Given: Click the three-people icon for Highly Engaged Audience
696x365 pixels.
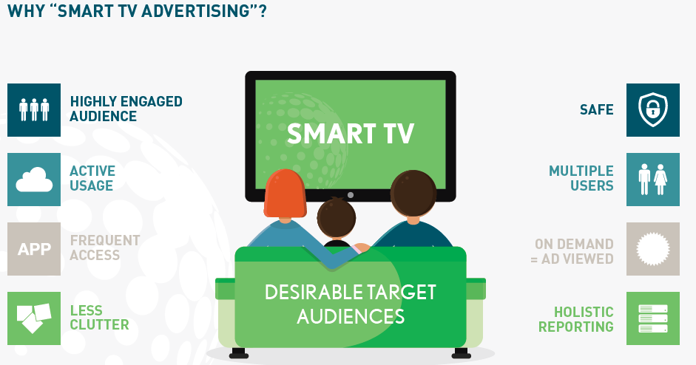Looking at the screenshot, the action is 34,109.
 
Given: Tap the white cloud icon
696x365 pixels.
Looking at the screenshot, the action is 34,180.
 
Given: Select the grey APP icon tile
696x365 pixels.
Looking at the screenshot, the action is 34,249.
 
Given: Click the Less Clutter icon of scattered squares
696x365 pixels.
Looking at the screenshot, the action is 34,318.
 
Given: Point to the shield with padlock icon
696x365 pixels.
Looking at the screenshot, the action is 652,109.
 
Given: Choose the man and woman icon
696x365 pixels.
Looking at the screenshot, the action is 652,179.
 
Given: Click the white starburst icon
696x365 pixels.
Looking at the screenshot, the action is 652,249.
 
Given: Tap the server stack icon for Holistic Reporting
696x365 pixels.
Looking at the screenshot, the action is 652,318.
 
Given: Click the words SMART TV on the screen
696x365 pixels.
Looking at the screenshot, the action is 351,134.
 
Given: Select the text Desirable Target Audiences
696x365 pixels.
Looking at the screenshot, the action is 351,304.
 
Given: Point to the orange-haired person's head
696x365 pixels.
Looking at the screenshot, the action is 285,194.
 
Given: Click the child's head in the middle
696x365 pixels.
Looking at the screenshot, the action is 336,218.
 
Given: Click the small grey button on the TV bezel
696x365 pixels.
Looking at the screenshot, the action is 351,195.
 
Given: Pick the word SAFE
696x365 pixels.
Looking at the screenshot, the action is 597,109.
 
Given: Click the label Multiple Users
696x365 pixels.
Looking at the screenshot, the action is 581,178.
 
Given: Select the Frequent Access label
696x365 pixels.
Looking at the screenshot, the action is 105,248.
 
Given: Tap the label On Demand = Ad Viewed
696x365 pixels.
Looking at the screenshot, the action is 572,251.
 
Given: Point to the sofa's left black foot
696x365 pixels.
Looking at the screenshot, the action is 238,353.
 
